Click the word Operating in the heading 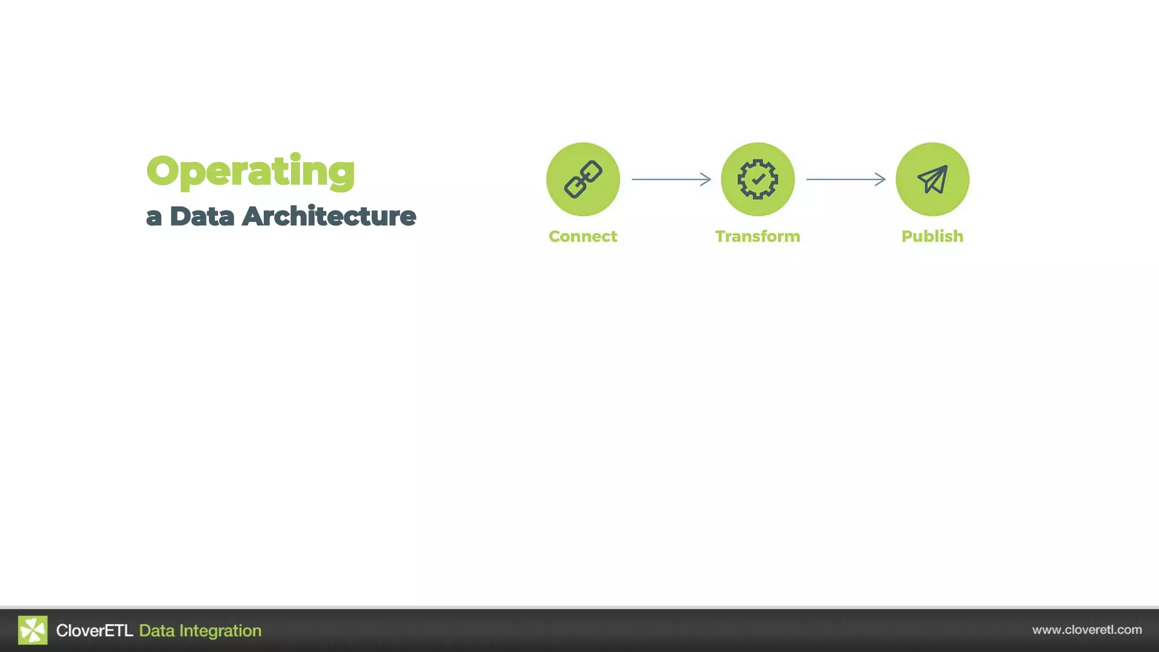[251, 171]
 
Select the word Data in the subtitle [202, 216]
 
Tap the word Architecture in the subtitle [329, 216]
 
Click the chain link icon [583, 179]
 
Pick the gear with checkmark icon [758, 179]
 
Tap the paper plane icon [932, 179]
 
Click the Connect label [583, 236]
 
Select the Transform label [758, 236]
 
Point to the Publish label [932, 236]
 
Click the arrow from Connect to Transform [671, 179]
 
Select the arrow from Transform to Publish [845, 179]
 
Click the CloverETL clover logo [33, 630]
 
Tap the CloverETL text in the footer [95, 630]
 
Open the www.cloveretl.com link [1087, 630]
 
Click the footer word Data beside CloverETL [157, 630]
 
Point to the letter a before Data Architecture [153, 217]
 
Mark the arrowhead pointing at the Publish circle [881, 179]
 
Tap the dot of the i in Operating [295, 156]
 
